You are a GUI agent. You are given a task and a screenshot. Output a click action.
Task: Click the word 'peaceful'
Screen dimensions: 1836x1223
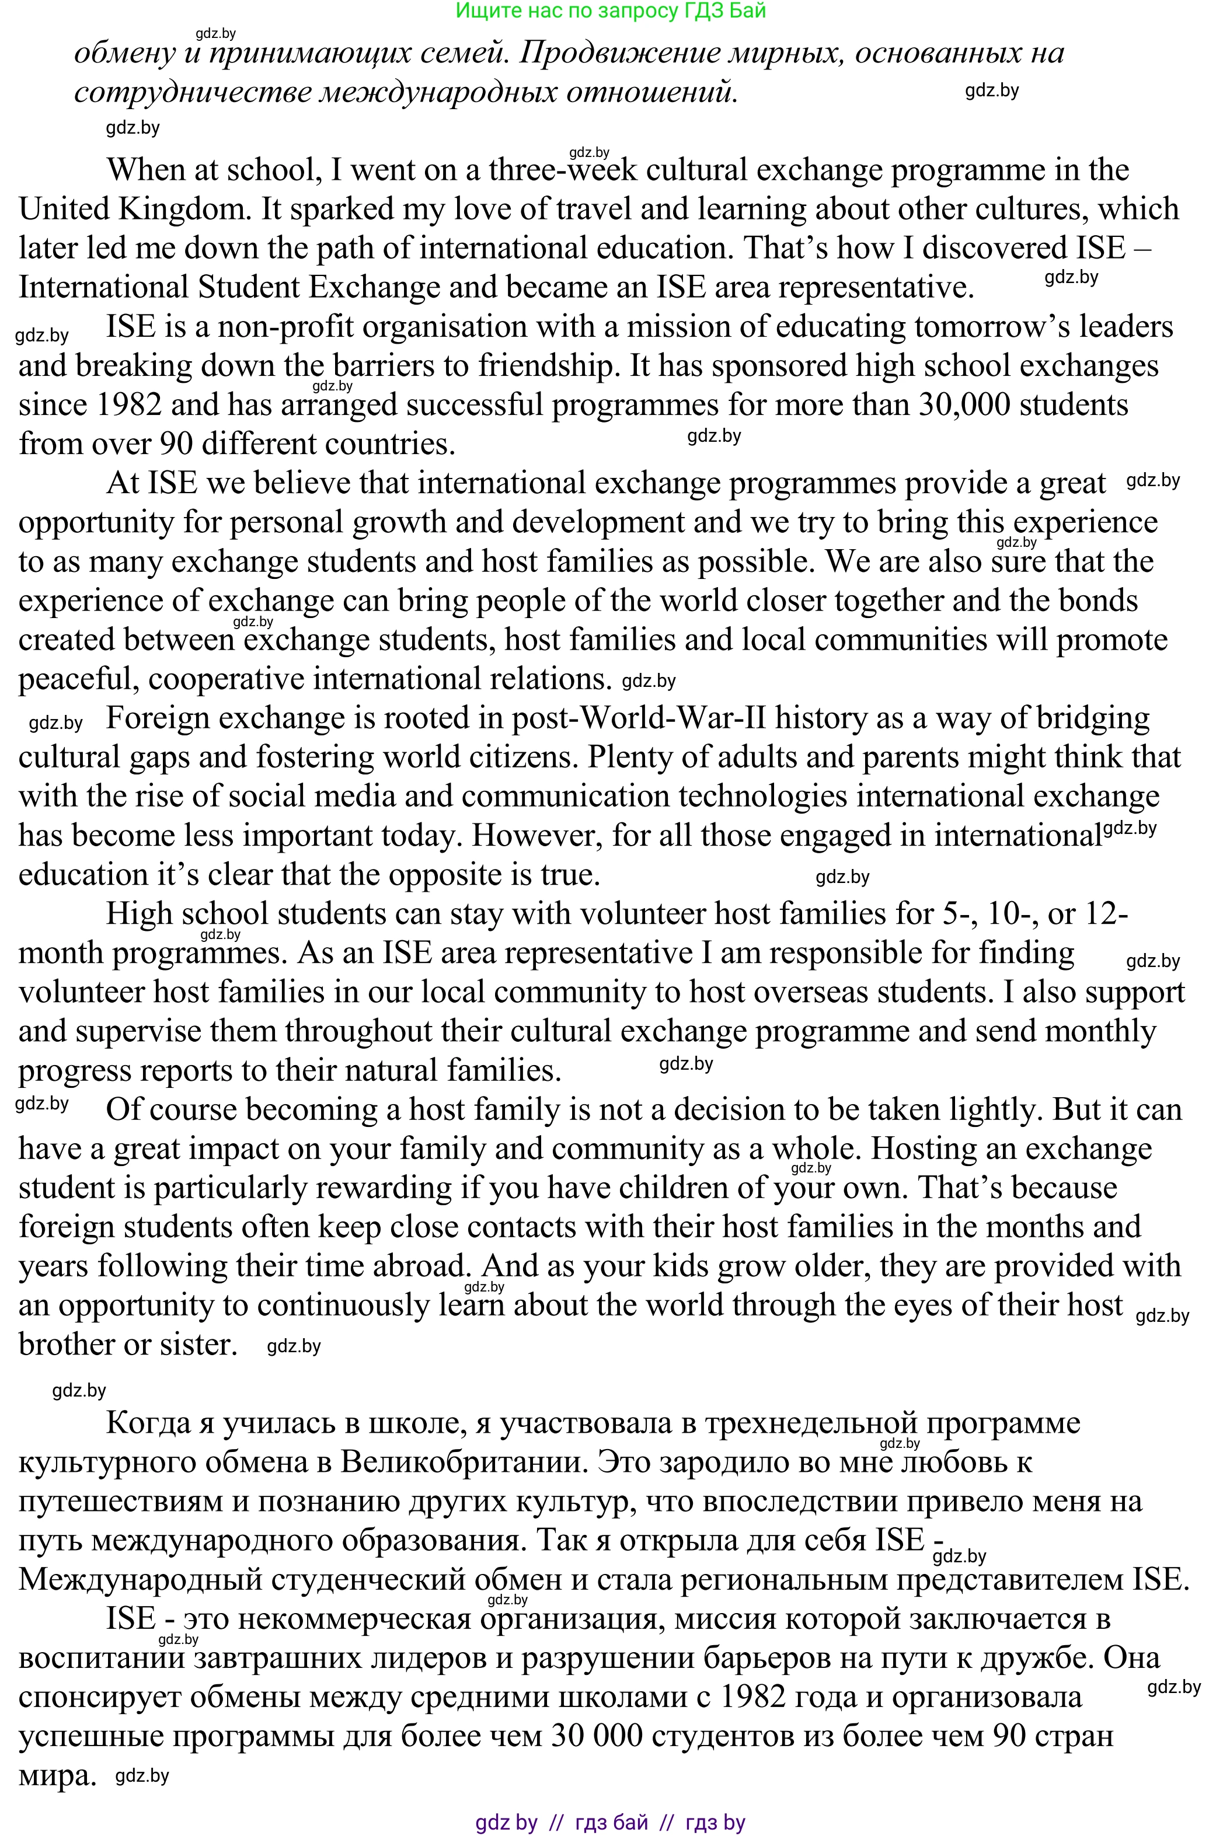[78, 680]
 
